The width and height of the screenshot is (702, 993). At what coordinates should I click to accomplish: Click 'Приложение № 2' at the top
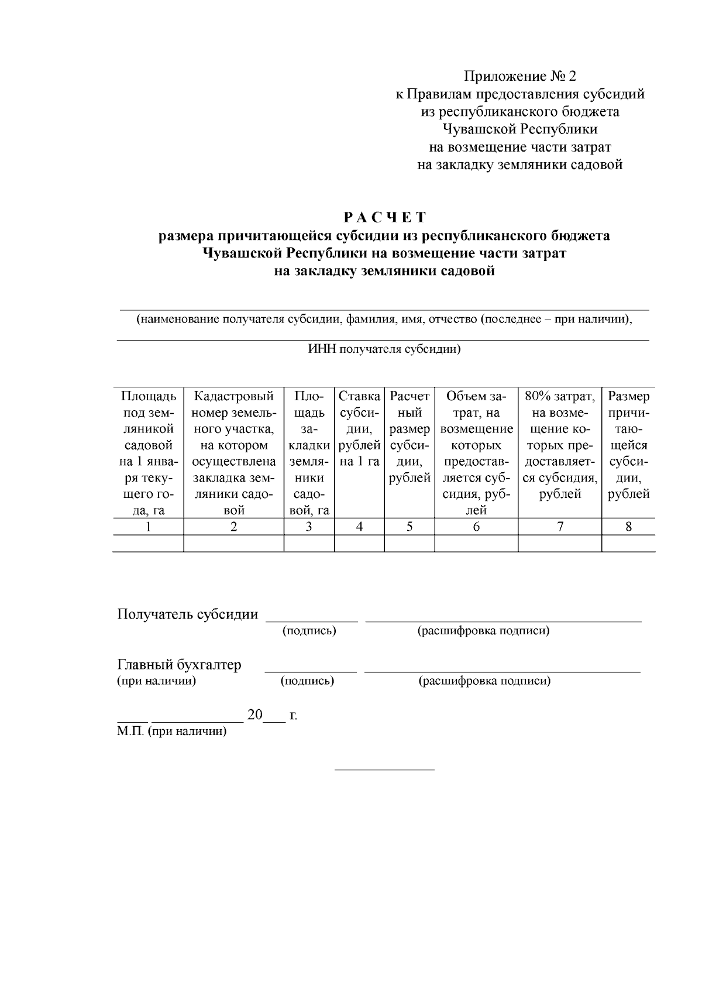(x=519, y=76)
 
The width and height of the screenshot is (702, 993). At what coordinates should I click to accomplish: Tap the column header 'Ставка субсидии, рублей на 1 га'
(x=359, y=429)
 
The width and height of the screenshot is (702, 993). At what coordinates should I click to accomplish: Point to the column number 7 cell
(x=560, y=527)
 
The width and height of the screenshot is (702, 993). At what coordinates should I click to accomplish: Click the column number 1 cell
(x=148, y=527)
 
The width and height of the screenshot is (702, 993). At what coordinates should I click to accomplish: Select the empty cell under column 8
(x=628, y=544)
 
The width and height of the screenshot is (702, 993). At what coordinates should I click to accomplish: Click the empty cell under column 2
(x=233, y=544)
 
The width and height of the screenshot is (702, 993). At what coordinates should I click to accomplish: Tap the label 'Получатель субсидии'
(x=188, y=614)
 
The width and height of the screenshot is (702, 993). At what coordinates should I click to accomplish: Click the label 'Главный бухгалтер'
(x=179, y=665)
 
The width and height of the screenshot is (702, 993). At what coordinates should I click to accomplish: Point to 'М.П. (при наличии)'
(x=171, y=731)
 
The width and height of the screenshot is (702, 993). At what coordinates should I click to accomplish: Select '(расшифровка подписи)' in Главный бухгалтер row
(x=484, y=681)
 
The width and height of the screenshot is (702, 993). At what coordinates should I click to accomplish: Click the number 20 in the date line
(x=255, y=714)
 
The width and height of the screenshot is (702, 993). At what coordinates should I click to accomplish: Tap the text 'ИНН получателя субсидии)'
(x=384, y=350)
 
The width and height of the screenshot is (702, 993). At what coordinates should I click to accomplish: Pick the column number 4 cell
(x=359, y=527)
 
